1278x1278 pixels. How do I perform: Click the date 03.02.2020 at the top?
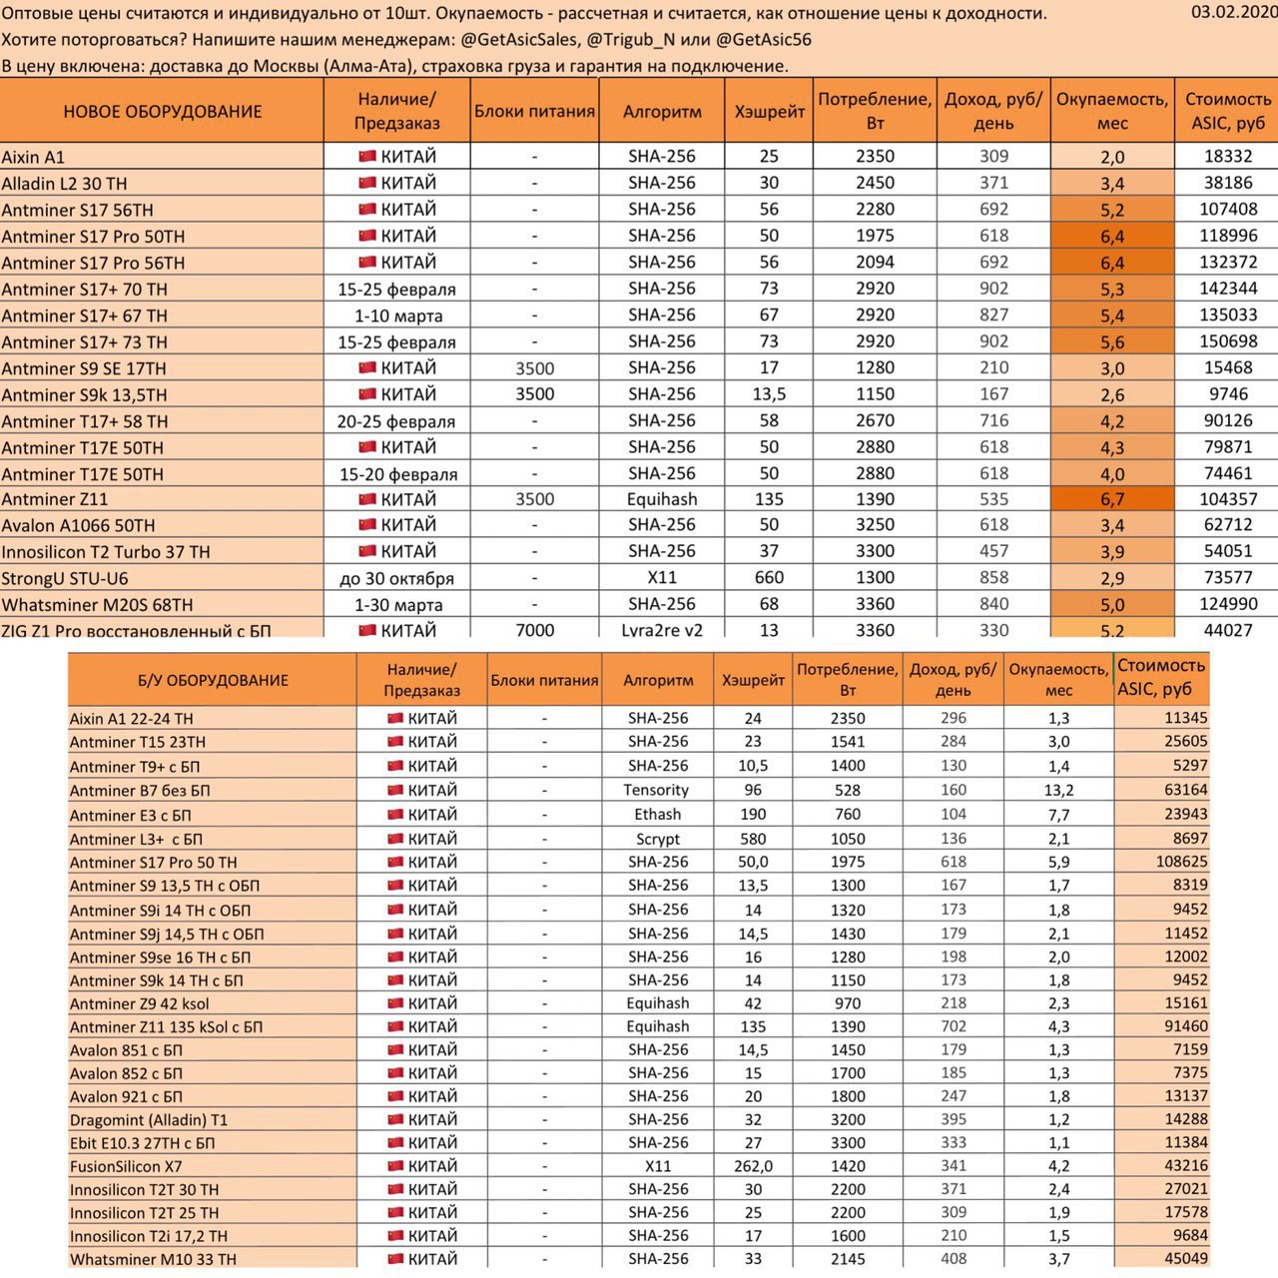click(x=1234, y=12)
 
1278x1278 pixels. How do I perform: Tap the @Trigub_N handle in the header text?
click(x=635, y=39)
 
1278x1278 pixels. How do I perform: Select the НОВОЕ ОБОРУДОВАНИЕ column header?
click(x=162, y=111)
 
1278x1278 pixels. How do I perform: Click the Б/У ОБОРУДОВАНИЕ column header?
click(x=213, y=680)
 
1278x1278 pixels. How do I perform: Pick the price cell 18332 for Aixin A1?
click(x=1227, y=157)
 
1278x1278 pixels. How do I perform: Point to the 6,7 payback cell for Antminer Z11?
click(x=1112, y=499)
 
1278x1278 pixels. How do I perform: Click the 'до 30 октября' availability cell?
click(x=396, y=578)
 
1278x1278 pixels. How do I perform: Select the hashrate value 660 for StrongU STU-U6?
click(x=769, y=578)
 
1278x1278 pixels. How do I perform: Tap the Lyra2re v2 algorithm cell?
click(x=662, y=630)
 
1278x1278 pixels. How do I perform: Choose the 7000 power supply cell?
click(x=534, y=630)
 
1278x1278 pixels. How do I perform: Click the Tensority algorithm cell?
click(x=657, y=790)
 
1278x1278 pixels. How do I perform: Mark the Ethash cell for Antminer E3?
click(x=657, y=815)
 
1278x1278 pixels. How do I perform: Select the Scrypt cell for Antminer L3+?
click(x=657, y=839)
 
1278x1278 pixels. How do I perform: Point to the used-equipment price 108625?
click(x=1181, y=862)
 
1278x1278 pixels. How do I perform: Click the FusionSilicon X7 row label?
click(x=126, y=1166)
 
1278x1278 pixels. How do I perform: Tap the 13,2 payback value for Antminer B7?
click(x=1058, y=790)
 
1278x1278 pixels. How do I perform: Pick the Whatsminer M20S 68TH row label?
click(x=97, y=605)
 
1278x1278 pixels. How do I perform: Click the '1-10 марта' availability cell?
click(x=396, y=316)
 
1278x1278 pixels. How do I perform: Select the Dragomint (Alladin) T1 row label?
click(x=149, y=1120)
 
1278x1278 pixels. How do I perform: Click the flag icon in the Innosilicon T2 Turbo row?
click(x=366, y=551)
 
